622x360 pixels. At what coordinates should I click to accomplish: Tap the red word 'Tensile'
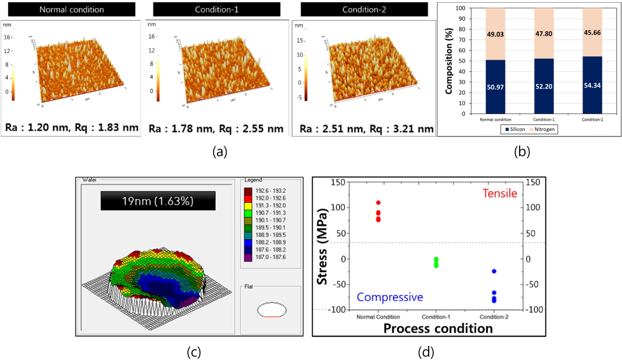pos(499,193)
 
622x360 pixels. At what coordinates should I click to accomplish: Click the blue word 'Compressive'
pos(390,297)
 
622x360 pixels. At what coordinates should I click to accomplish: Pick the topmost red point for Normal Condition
pos(378,203)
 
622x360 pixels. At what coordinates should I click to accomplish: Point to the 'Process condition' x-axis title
pos(437,329)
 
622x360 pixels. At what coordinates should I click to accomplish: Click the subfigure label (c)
pos(193,351)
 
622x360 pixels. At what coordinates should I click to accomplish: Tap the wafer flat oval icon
pos(270,310)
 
